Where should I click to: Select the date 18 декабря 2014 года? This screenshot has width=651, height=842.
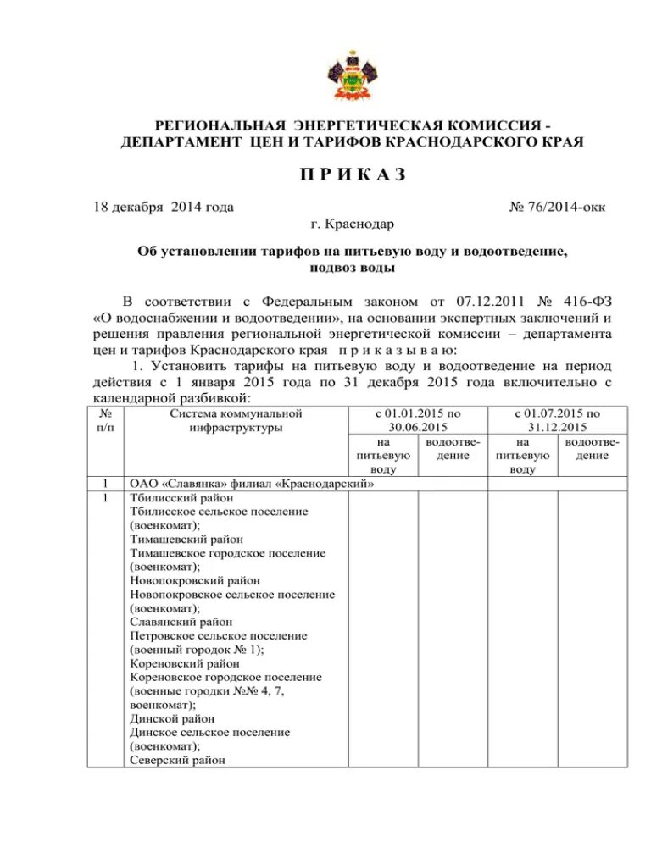(x=163, y=206)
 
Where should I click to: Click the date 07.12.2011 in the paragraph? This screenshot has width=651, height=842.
(x=455, y=301)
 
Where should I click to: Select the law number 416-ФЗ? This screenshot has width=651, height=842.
(x=579, y=301)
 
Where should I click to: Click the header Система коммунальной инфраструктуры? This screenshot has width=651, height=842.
(x=236, y=420)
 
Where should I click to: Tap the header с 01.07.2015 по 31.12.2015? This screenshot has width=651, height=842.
(x=557, y=420)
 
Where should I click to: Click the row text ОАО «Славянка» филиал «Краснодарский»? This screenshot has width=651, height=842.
(x=252, y=485)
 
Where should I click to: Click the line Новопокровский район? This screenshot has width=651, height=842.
(x=195, y=580)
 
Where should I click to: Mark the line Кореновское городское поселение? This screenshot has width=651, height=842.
(x=225, y=677)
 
